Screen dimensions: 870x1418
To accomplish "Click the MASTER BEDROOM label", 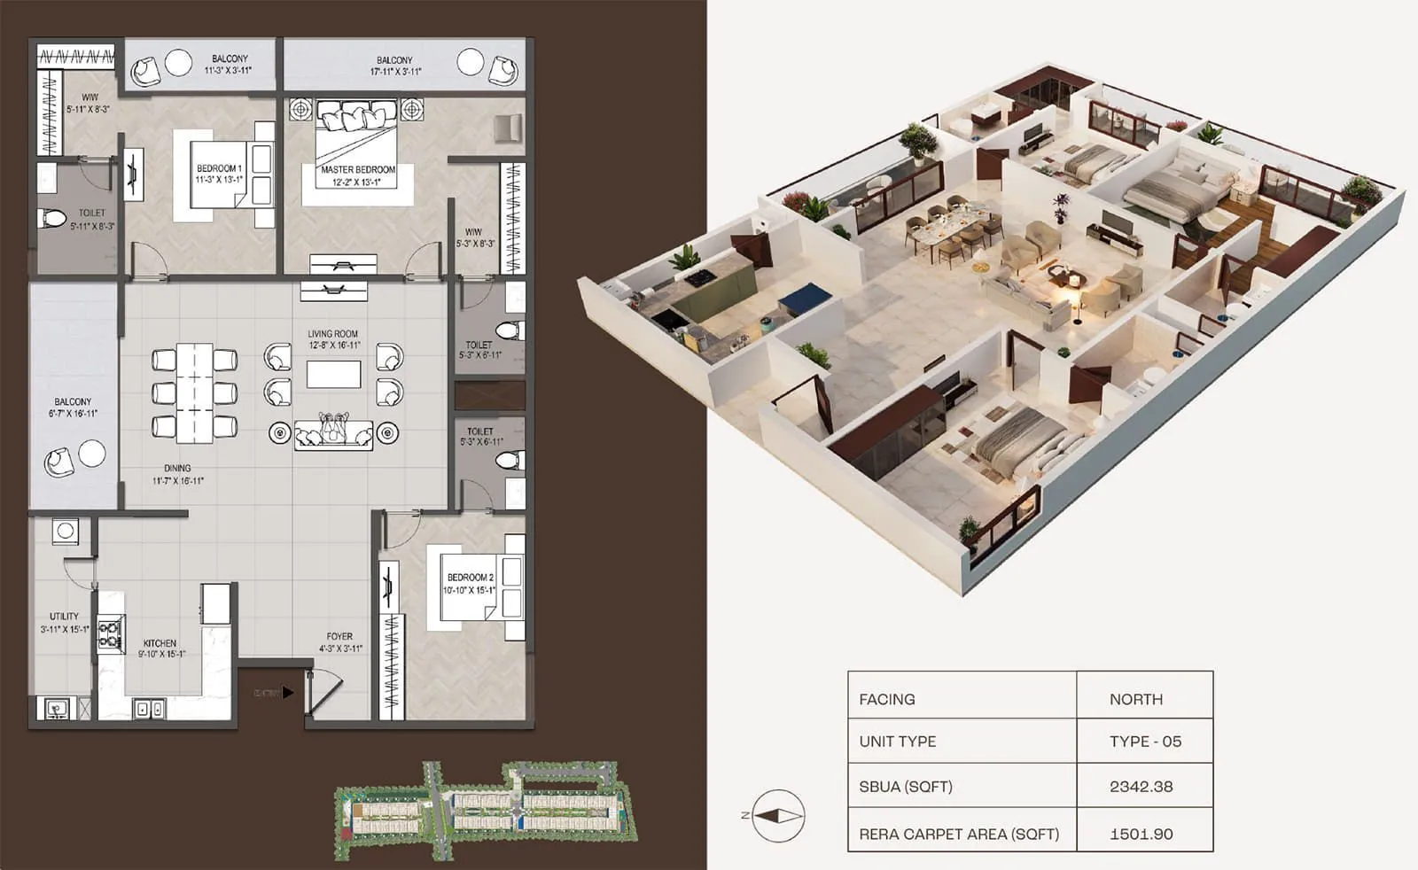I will point(358,169).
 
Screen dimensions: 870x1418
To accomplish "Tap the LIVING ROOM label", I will point(333,334).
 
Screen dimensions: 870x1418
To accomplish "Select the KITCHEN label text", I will point(160,643).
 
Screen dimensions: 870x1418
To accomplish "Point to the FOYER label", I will point(339,636).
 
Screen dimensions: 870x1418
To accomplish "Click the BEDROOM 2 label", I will point(470,577).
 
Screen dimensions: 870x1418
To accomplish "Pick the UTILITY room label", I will point(64,616).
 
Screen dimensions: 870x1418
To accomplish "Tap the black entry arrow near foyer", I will point(287,692).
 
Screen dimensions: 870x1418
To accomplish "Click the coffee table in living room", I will point(333,374).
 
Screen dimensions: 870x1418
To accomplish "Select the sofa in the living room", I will point(333,433).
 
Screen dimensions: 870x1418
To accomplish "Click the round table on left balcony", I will point(92,453).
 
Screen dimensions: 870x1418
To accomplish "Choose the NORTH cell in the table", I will point(1135,699).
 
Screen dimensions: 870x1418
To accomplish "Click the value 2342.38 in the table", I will point(1141,786).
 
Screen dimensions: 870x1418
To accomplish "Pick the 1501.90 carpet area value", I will point(1141,834).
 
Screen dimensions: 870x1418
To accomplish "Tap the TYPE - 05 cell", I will point(1145,742).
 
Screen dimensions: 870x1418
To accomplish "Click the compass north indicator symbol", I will point(777,815).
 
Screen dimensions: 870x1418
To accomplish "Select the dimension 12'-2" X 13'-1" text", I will point(356,183).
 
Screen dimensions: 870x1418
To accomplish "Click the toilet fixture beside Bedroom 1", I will point(52,217).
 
